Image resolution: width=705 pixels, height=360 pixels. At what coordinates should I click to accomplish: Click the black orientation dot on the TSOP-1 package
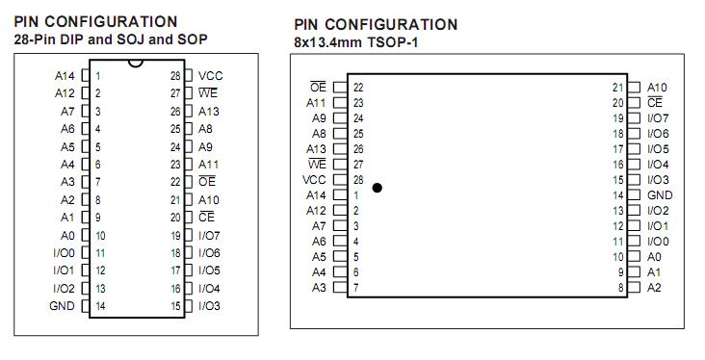click(377, 188)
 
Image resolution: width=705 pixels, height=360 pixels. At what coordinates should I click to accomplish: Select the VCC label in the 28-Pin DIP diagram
click(210, 75)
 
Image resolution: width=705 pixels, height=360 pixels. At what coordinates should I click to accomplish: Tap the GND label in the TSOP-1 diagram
click(659, 195)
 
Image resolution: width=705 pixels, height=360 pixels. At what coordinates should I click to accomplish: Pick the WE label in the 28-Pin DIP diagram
click(208, 93)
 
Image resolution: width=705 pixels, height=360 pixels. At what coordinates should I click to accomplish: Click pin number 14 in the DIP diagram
click(100, 306)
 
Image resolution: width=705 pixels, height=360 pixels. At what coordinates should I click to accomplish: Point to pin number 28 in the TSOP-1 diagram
click(358, 180)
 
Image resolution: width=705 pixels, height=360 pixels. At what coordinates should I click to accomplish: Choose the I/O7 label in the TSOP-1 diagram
click(658, 118)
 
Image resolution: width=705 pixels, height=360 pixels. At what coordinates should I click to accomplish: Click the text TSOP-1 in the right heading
click(397, 42)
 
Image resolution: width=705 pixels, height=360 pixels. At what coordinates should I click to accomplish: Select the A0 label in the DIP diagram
click(67, 235)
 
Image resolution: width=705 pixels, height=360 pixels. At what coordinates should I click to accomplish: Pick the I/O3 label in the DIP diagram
click(209, 306)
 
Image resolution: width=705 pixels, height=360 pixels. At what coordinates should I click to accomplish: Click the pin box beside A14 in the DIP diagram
click(86, 75)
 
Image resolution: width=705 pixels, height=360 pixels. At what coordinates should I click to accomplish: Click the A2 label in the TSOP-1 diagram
click(654, 288)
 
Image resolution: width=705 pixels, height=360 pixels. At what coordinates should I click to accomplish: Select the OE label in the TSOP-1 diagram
click(319, 88)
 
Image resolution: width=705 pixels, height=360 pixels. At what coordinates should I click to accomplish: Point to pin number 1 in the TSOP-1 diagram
click(356, 195)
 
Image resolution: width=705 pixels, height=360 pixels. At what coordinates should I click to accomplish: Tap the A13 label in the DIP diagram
click(209, 111)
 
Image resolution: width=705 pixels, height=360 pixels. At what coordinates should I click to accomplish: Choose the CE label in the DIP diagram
click(207, 218)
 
